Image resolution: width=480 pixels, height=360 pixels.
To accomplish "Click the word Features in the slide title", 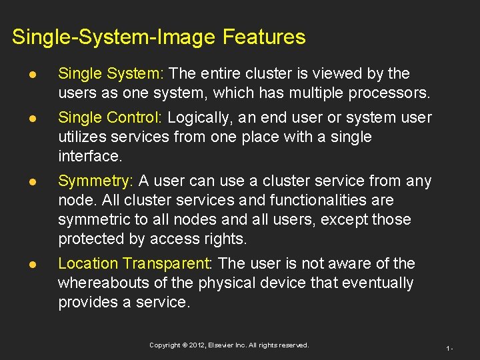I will click(264, 37).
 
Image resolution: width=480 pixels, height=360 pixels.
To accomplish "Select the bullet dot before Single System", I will click(22, 74).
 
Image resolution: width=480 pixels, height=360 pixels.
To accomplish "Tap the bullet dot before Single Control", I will click(22, 118).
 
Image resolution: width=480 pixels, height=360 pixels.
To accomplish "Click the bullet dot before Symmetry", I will click(22, 181).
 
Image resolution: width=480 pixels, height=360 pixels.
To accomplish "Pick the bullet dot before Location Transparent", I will click(22, 264).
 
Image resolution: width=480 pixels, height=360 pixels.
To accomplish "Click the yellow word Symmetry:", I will click(96, 181).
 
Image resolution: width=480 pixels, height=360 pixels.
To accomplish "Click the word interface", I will click(89, 157).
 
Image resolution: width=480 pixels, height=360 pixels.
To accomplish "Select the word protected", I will click(89, 239).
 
